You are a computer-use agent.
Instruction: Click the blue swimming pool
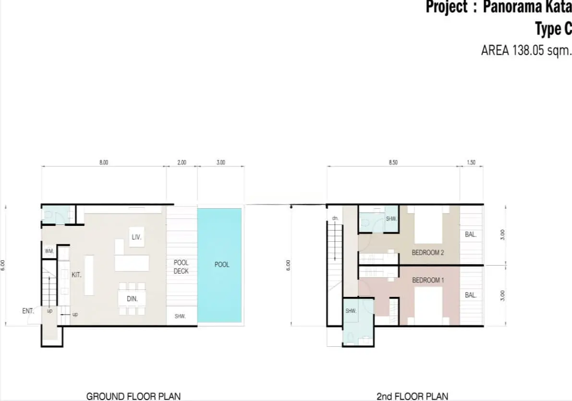point(219,265)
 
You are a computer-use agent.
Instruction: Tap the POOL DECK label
point(181,267)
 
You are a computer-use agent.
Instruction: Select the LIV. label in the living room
point(136,237)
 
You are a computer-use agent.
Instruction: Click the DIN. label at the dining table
point(133,299)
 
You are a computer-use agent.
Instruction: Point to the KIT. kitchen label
point(76,275)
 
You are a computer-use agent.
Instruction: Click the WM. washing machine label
point(49,251)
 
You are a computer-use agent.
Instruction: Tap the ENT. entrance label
point(28,311)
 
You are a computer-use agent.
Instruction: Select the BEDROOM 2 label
point(428,252)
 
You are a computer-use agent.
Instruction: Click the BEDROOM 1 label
point(428,280)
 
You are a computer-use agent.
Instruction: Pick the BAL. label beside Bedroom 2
point(471,235)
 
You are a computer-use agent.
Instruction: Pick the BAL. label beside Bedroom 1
point(471,295)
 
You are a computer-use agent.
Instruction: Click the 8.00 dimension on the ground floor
point(104,163)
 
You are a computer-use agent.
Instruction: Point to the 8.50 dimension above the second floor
point(393,163)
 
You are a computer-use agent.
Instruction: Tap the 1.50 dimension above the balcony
point(471,163)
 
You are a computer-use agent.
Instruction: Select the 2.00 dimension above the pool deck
point(182,163)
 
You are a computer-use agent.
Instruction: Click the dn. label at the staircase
point(335,218)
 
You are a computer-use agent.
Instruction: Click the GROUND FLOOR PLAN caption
point(133,396)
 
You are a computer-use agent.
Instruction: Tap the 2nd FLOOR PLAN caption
point(412,396)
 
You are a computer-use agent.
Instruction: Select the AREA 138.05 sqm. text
point(526,51)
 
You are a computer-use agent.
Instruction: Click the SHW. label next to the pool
point(180,316)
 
